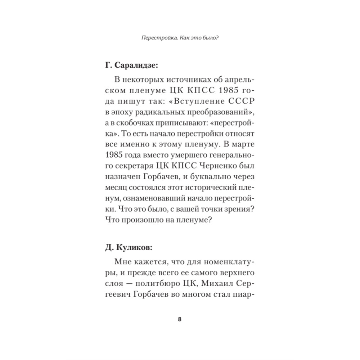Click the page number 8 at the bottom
click(180, 319)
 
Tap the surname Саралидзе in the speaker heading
click(136, 66)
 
